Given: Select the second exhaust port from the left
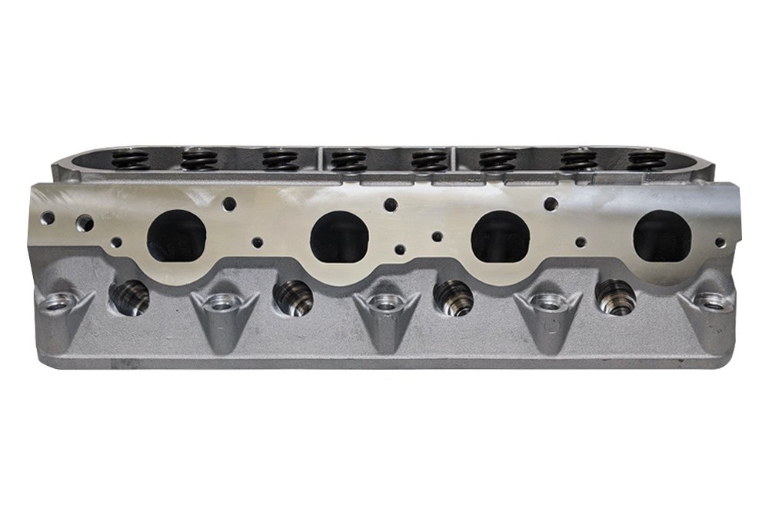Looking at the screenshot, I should point(338,234).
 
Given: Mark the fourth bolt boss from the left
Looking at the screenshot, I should point(545,304).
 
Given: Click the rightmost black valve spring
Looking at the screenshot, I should point(644,159).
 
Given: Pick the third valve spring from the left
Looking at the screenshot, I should point(275,160).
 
